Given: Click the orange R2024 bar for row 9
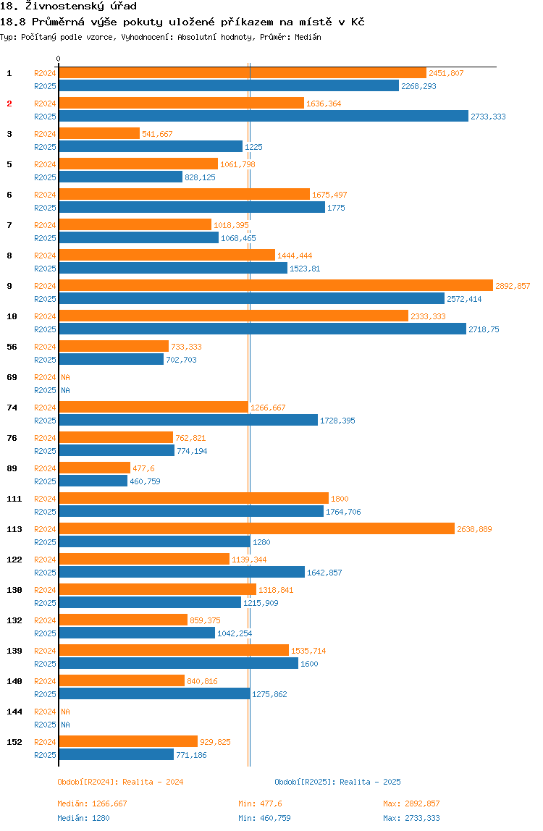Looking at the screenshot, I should [275, 286].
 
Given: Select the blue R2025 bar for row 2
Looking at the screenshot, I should [264, 117].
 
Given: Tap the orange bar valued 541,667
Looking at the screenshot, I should [99, 134].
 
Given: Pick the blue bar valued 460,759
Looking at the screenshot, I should [93, 481].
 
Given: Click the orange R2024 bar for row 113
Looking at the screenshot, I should [256, 529].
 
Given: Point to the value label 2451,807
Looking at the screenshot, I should [446, 73].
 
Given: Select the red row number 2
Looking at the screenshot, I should [9, 104].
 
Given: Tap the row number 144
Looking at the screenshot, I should [14, 712].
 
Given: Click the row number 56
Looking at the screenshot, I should [12, 347].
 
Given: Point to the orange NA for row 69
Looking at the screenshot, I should [65, 377].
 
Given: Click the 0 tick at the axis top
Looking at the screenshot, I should [59, 59].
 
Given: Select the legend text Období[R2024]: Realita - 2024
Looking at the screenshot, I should [120, 782].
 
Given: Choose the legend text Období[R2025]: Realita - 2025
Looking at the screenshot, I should [337, 782].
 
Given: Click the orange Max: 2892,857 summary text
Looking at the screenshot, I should [411, 803].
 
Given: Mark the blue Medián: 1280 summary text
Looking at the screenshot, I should [83, 818].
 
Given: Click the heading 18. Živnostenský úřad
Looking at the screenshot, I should [68, 7].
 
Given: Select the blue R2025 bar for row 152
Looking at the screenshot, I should [116, 755].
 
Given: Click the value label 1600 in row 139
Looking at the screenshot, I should [309, 664].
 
